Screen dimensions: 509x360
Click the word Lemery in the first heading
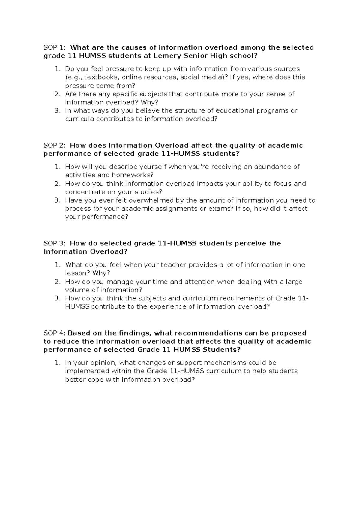click(166, 56)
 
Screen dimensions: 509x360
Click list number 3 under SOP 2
click(58, 200)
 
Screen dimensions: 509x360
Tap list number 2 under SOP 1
click(58, 94)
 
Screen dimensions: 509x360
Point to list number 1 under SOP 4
click(58, 363)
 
